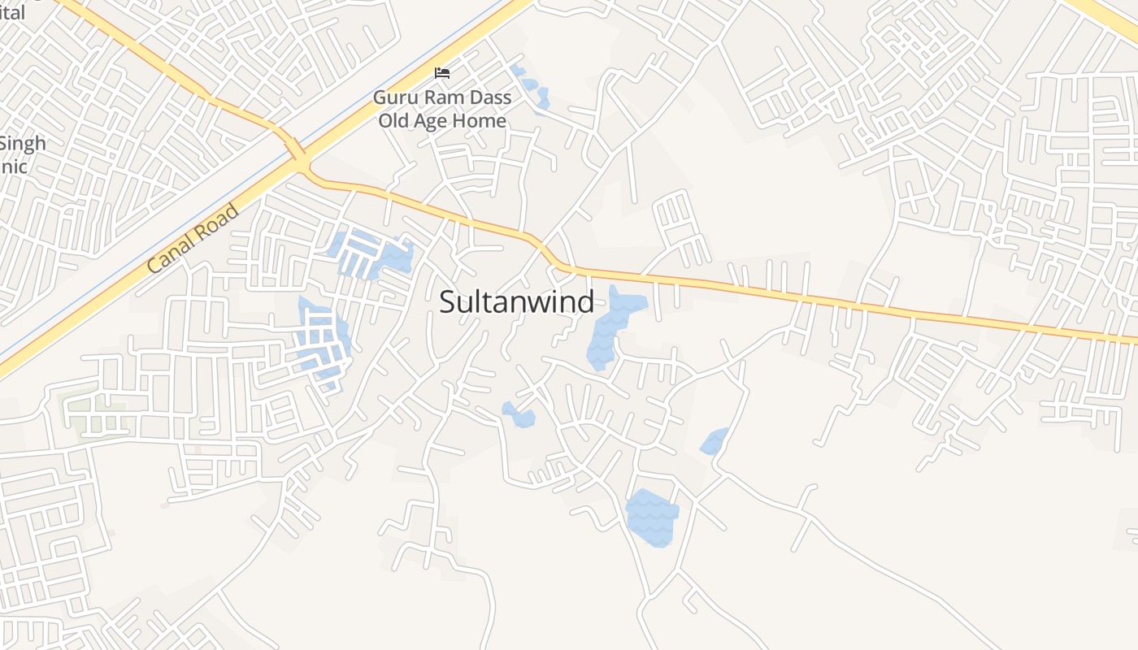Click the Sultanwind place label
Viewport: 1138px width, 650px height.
[516, 302]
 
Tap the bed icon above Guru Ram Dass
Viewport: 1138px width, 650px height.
[442, 73]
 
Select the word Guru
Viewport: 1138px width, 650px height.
[393, 98]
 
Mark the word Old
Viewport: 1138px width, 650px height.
[395, 121]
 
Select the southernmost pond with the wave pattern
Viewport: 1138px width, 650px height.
[652, 517]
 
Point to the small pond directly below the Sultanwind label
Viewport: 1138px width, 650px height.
[519, 414]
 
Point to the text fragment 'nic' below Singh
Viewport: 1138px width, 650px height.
[14, 167]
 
